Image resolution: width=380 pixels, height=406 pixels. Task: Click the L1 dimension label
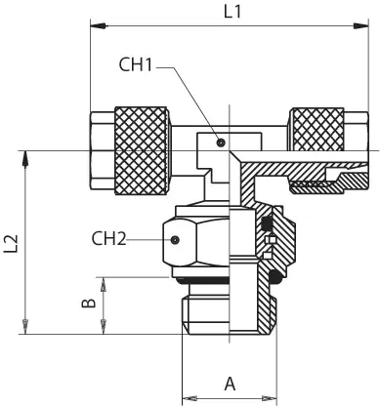coord(232,12)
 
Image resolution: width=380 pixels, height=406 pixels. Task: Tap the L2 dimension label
coord(11,243)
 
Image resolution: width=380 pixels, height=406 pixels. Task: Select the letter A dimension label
coord(230,384)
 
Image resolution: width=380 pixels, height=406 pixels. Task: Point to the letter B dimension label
coord(89,303)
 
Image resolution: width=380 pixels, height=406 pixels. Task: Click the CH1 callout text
coord(136,64)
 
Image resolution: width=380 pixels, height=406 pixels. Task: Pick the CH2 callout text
coord(108,238)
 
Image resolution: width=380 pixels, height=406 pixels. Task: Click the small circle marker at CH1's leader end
coord(221,142)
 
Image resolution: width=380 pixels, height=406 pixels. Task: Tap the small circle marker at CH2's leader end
coord(175,240)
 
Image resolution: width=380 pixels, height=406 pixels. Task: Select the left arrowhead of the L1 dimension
coord(98,26)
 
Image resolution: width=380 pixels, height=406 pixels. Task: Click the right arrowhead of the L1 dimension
coord(360,26)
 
